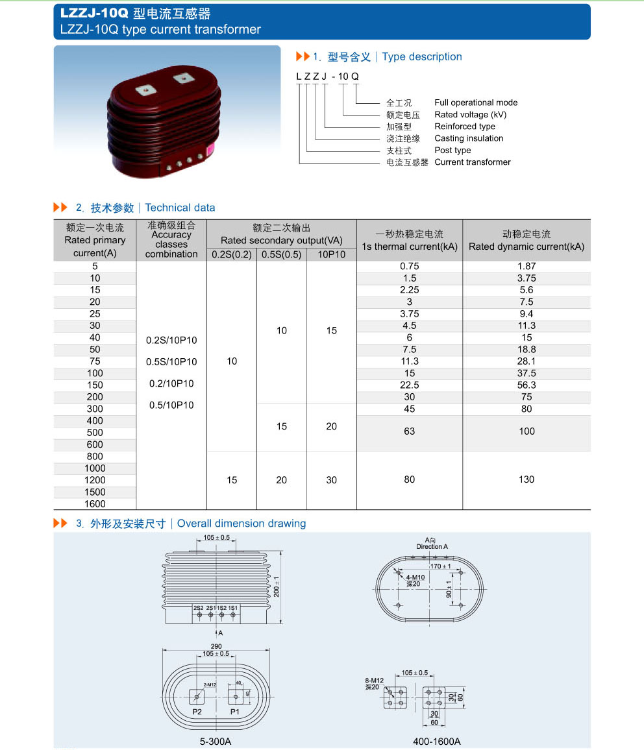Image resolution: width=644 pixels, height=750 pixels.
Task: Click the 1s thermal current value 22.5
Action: pos(410,385)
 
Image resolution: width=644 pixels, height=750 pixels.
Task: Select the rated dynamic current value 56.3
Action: pos(526,385)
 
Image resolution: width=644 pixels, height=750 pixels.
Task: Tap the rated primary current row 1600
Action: pos(95,503)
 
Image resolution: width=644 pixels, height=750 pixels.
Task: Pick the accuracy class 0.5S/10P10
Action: pos(171,361)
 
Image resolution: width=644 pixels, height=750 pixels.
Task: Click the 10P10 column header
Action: pos(332,254)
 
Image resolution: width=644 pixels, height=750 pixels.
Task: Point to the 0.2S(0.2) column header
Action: pos(232,254)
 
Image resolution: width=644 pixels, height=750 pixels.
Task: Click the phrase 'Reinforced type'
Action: pos(465,127)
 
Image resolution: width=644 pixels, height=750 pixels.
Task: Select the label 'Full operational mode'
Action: pos(476,103)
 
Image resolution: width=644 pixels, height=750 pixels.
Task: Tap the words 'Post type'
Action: pos(452,151)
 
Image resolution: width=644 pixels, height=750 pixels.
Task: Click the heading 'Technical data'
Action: pos(180,208)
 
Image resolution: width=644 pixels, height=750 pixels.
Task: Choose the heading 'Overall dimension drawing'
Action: pos(241,524)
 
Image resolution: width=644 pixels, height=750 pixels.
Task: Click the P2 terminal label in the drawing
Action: pos(197,712)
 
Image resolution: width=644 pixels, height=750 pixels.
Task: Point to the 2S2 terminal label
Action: pos(199,608)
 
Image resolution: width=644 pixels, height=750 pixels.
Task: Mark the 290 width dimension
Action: pos(216,646)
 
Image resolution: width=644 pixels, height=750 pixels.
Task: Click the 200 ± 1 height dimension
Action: pos(277,587)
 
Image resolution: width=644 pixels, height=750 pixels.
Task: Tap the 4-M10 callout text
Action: pos(415,577)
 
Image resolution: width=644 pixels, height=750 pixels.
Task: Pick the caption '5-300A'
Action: pos(215,741)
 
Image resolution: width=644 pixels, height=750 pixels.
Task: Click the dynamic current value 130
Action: pos(526,479)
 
